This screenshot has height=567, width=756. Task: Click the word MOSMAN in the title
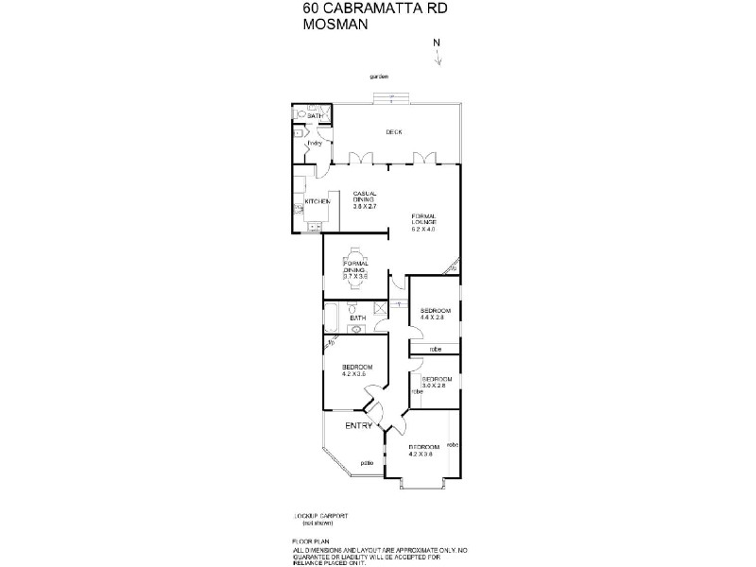point(333,27)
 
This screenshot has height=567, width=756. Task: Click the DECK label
point(394,132)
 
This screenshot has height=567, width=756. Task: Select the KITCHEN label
point(317,201)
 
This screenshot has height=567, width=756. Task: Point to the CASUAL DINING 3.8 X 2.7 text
point(365,200)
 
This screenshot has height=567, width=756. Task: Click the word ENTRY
point(358,426)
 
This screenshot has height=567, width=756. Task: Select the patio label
point(368,462)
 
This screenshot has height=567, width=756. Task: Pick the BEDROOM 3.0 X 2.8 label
point(437,382)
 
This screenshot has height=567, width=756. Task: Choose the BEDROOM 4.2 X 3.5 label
point(357,370)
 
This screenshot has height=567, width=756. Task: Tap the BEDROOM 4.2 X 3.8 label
point(421,450)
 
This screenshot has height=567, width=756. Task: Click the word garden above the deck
point(380,77)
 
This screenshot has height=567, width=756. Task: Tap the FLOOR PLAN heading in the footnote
point(311,542)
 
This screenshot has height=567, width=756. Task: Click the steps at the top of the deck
point(391,97)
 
